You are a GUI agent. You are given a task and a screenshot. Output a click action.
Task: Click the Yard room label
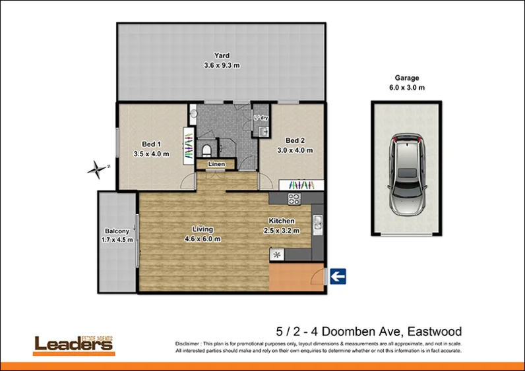point(221,55)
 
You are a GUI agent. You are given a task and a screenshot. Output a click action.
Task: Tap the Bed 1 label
point(152,144)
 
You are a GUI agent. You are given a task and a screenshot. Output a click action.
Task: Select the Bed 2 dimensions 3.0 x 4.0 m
point(294,150)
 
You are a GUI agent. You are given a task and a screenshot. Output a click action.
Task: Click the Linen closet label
point(215,164)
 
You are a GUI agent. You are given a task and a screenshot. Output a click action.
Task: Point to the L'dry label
point(261,118)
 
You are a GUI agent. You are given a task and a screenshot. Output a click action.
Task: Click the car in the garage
point(406,174)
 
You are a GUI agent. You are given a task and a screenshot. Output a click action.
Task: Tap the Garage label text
point(406,78)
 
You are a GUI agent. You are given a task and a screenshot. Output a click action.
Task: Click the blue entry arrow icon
point(338,277)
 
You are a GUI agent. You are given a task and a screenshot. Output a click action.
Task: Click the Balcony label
point(117,231)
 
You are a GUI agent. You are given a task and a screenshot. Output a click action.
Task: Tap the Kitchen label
point(281,221)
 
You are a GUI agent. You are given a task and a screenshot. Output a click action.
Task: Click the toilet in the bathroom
point(206,148)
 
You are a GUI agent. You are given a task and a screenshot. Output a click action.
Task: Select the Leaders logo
point(74,343)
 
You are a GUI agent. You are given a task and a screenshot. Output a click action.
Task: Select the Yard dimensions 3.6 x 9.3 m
point(221,65)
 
